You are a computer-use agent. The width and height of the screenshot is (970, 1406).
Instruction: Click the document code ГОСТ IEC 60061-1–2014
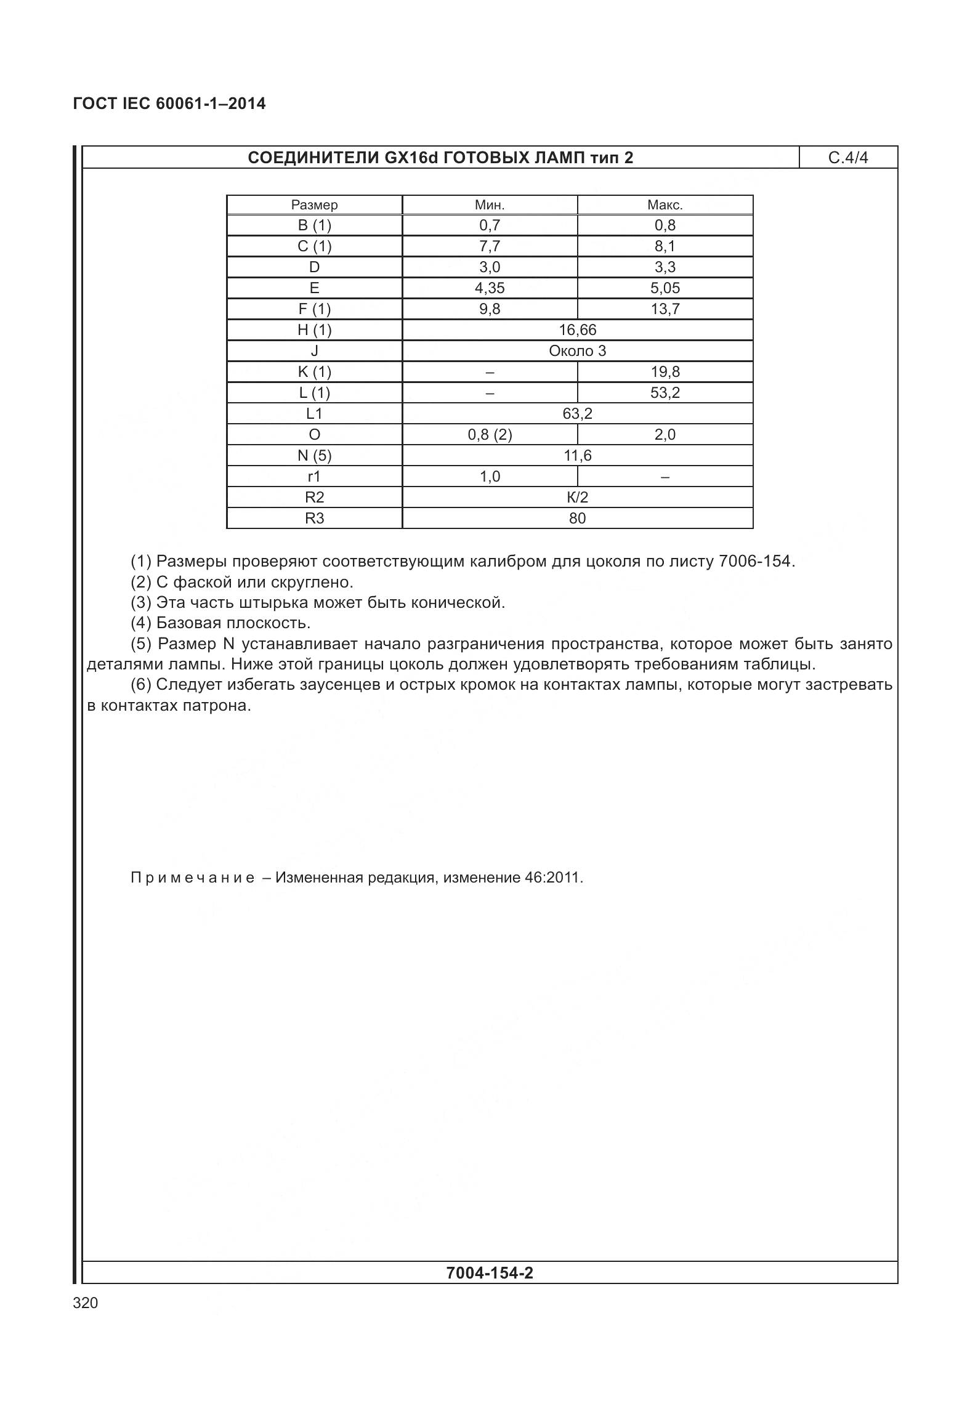click(169, 103)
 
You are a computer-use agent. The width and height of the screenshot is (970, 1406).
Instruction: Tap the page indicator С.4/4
click(847, 158)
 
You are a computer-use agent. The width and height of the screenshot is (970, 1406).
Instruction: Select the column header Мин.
click(490, 205)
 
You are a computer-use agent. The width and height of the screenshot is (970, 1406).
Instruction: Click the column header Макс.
click(665, 205)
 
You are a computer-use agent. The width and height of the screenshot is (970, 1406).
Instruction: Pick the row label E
click(314, 288)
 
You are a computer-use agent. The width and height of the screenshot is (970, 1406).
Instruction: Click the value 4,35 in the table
click(490, 288)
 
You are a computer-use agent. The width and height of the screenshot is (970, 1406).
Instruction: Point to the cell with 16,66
click(577, 330)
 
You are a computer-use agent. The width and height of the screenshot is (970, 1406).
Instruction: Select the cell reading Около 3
click(577, 351)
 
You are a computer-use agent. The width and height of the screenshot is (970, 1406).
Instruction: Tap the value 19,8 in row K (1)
click(665, 372)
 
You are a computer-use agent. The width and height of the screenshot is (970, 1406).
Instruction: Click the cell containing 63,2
click(577, 414)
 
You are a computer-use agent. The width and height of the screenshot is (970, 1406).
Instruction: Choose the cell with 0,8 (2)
click(490, 435)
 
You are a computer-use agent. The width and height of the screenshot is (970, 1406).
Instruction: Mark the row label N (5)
click(314, 456)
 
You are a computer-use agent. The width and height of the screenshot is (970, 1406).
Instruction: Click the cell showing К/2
click(577, 498)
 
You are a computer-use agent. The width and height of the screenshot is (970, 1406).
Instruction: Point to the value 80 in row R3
click(577, 519)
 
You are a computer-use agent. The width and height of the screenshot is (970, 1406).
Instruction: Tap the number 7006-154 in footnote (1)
click(755, 562)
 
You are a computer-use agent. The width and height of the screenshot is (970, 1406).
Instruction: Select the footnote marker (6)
click(141, 685)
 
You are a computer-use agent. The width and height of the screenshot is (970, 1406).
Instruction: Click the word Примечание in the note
click(192, 878)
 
